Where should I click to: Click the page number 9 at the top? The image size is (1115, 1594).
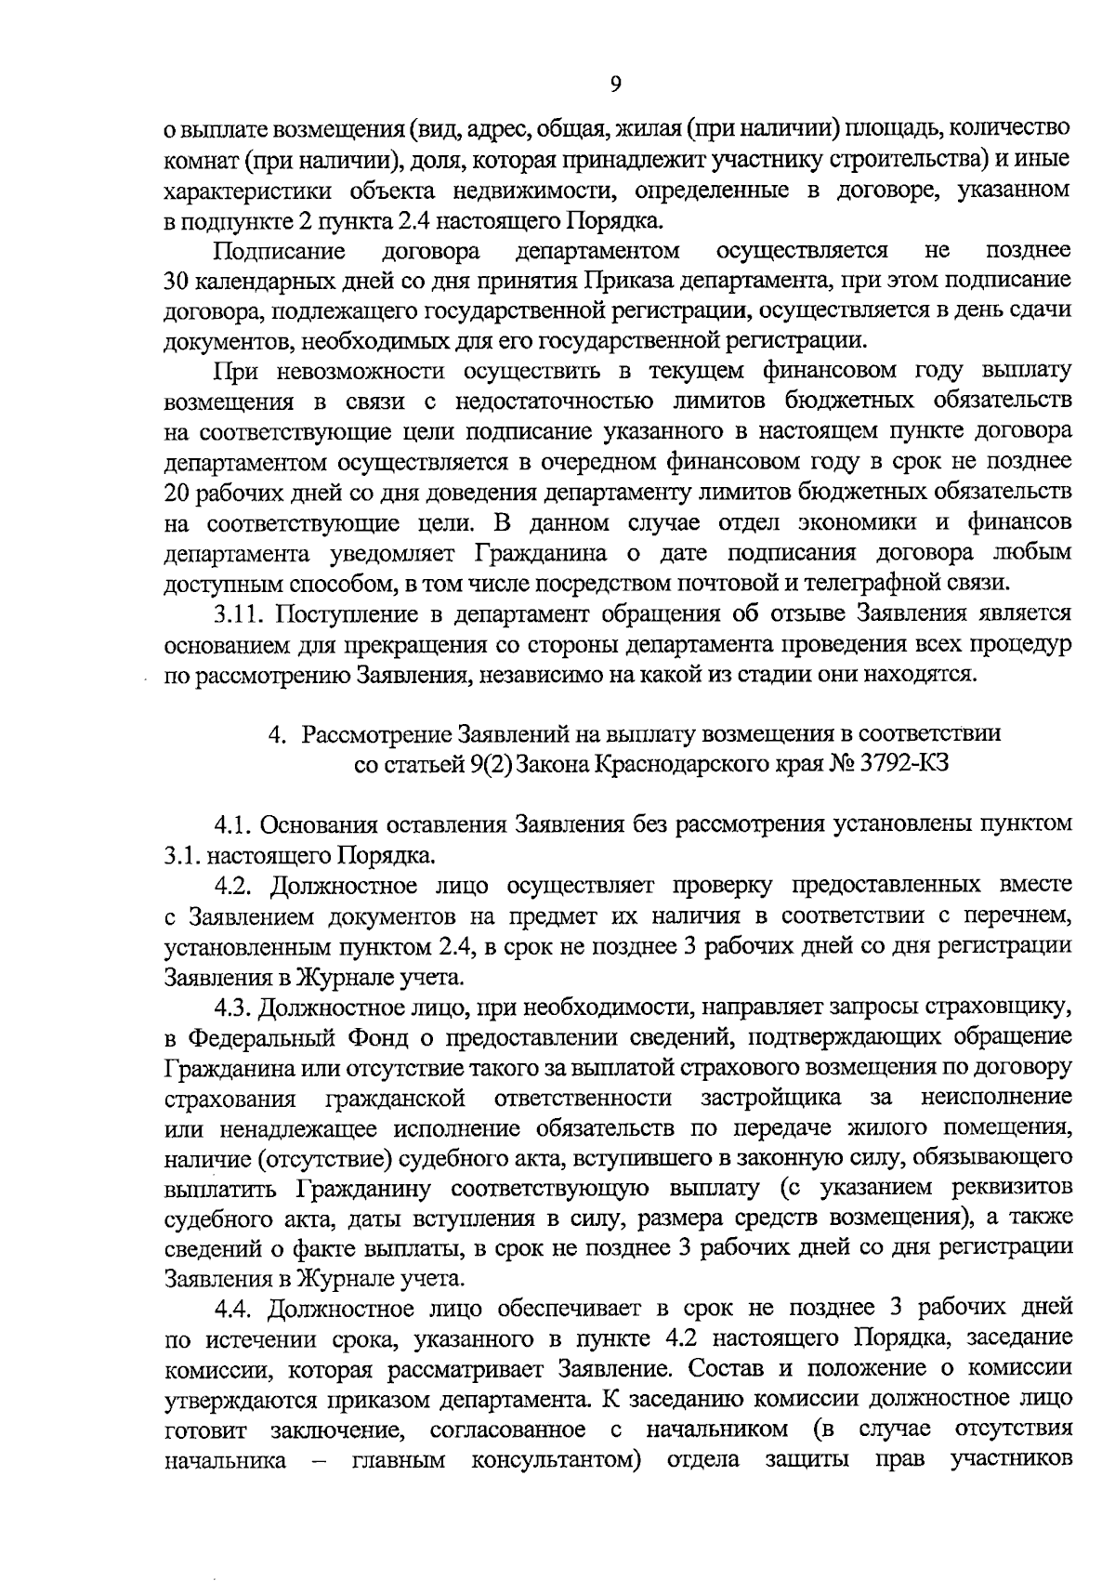click(x=615, y=84)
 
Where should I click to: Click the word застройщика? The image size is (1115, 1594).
click(x=771, y=1097)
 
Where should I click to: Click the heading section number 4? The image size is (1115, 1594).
click(x=276, y=734)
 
